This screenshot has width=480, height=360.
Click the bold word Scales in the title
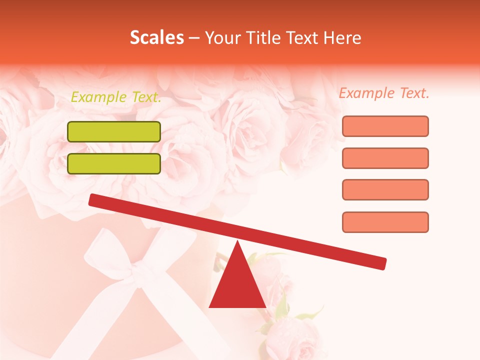point(156,37)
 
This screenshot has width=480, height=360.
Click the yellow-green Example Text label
point(116,97)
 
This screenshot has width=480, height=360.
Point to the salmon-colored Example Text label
point(384,93)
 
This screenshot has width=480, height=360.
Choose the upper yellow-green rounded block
point(114,131)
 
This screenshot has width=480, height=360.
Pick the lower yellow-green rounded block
point(114,163)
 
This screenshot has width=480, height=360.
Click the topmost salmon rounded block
point(385,126)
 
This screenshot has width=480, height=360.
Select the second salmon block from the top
point(385,158)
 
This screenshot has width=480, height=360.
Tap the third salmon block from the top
point(385,190)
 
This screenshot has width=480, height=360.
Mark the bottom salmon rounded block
point(385,222)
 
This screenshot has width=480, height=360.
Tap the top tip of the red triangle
point(237,242)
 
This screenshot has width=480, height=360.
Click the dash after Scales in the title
point(194,38)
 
